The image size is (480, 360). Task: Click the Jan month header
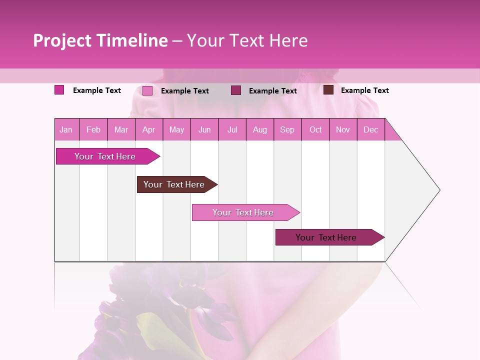(66, 129)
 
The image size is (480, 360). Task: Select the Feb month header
(93, 129)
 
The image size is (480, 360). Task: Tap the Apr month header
(148, 129)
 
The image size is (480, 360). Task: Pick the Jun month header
(204, 129)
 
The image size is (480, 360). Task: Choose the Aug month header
(259, 129)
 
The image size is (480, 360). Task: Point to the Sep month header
(287, 129)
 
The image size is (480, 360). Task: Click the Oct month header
(315, 129)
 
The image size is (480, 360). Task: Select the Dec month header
(370, 129)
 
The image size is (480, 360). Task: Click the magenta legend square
(59, 90)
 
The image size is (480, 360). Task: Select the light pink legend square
(147, 90)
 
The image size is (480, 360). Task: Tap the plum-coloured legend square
(236, 90)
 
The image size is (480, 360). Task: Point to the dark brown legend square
(328, 90)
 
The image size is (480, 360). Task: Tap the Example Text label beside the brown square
(364, 90)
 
